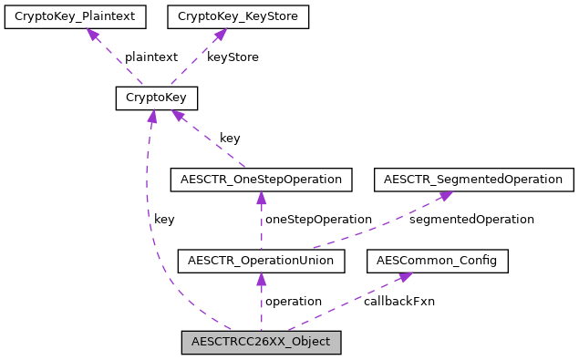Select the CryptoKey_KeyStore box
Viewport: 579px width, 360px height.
point(237,16)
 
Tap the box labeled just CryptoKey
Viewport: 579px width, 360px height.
point(156,98)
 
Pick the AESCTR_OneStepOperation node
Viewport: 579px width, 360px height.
point(261,180)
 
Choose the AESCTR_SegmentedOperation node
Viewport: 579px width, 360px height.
point(473,180)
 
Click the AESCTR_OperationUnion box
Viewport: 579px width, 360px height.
point(261,262)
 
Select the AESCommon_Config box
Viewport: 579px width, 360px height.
point(437,262)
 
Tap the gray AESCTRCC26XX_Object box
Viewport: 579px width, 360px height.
point(261,343)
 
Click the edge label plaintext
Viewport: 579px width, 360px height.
point(150,57)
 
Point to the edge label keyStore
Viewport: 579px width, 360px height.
point(233,57)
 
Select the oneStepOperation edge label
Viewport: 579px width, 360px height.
point(318,220)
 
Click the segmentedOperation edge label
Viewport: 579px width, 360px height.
point(471,220)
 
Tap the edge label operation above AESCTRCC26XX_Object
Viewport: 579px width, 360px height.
point(293,301)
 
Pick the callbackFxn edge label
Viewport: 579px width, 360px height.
point(398,301)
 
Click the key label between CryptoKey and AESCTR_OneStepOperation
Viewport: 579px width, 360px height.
point(230,139)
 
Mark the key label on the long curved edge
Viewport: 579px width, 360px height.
point(164,220)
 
